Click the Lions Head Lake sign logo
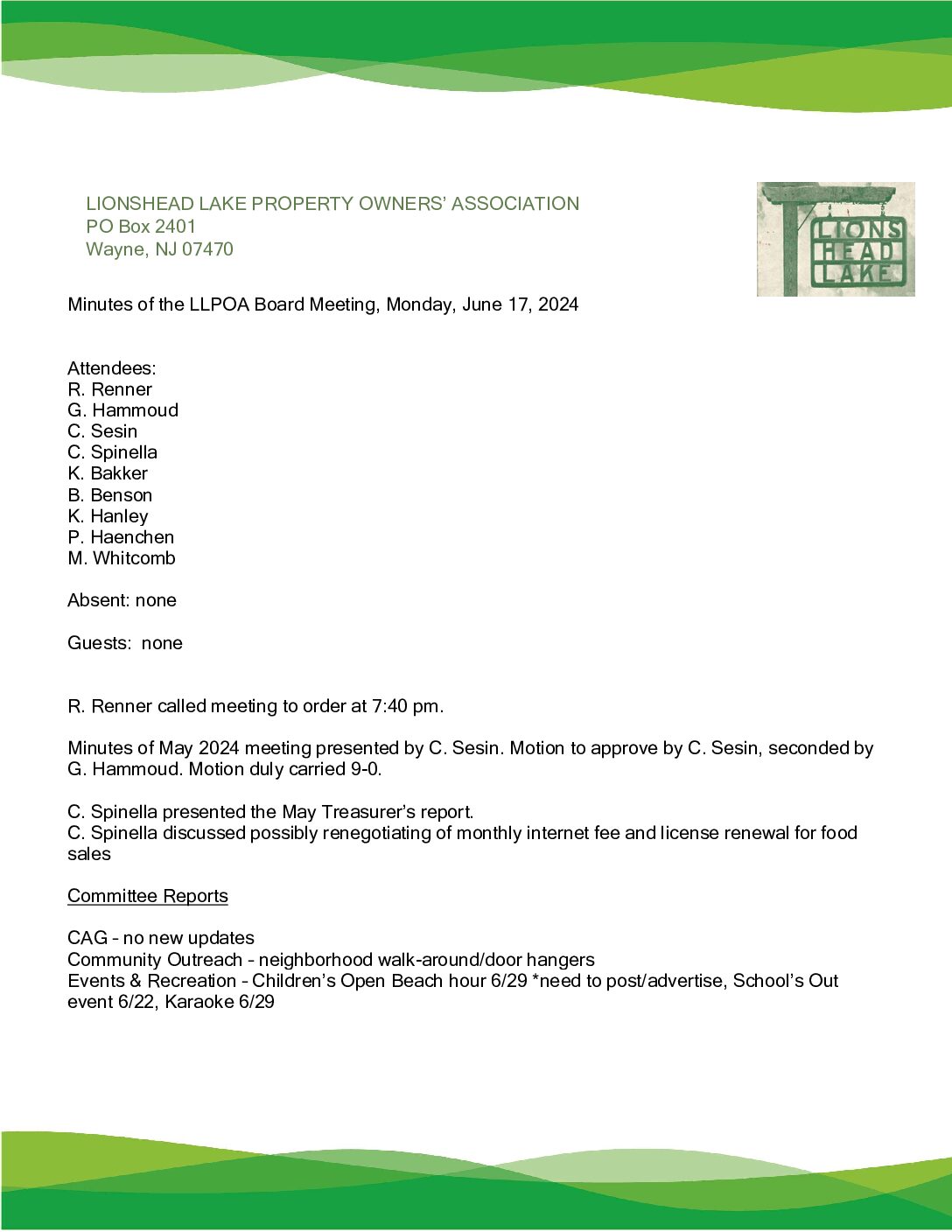[835, 239]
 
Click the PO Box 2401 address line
[141, 227]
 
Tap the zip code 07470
[207, 249]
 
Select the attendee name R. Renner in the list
[109, 389]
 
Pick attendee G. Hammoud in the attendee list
[122, 410]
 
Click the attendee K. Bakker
[108, 473]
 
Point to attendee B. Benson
[109, 495]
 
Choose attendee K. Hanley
[108, 516]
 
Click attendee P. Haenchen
[121, 537]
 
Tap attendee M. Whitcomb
[121, 558]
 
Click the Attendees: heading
[112, 368]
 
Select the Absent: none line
[122, 600]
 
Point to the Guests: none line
[125, 643]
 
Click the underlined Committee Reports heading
[148, 896]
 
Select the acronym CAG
[87, 938]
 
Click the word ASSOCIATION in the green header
[514, 204]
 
